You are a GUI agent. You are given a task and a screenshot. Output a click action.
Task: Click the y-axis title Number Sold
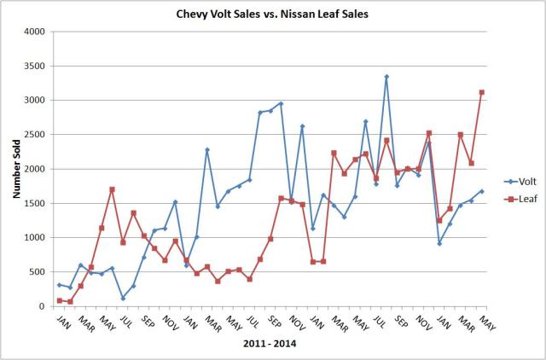[16, 169]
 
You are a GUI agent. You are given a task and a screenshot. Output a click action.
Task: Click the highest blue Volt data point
[386, 77]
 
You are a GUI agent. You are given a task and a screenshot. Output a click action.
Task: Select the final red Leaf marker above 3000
[482, 92]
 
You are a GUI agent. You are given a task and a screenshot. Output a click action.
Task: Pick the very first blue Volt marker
[60, 285]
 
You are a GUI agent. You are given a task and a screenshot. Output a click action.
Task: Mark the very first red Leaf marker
[60, 300]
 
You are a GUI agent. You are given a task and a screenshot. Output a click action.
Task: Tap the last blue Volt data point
[482, 191]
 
